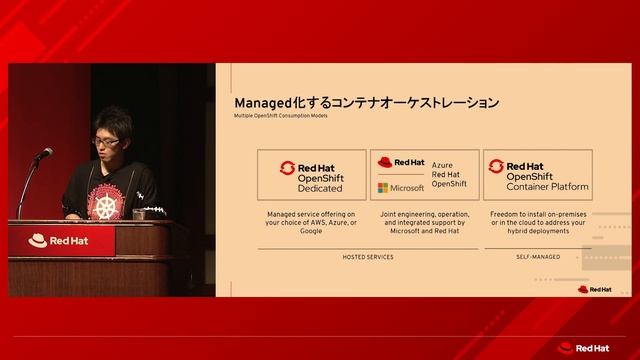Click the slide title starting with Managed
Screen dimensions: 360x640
pos(366,103)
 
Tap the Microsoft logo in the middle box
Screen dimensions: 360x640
pos(400,188)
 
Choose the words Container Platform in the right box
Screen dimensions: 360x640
pos(547,187)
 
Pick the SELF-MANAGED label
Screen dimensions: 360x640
pos(538,257)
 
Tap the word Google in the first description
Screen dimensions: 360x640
pos(311,231)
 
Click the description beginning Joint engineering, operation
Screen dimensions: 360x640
pos(425,222)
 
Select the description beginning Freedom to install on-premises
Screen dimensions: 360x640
pos(538,222)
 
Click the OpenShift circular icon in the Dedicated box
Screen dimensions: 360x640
pos(287,168)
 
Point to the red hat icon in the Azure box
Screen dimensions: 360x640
pos(385,162)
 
